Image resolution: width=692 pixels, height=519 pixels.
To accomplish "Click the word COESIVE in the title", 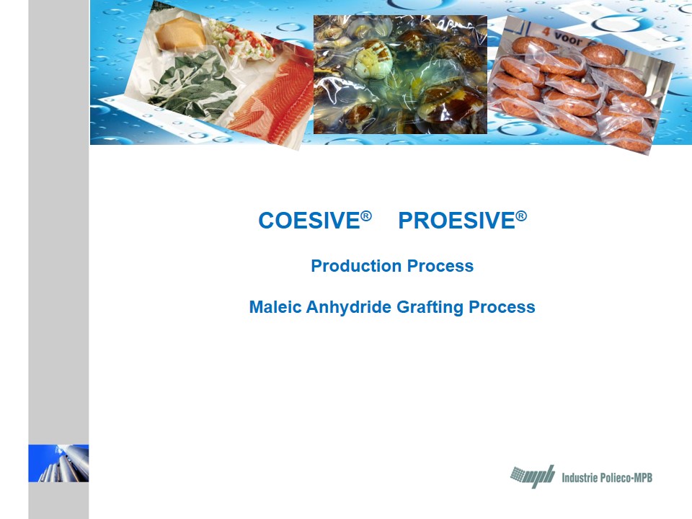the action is coord(309,221).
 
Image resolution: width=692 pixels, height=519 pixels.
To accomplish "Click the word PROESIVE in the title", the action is coord(457,221).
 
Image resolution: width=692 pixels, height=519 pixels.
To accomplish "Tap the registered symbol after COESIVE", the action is coord(366,216).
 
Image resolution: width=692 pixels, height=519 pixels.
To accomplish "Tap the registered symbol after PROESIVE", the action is coord(521,216).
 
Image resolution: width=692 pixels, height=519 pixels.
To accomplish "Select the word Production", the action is coord(356,266).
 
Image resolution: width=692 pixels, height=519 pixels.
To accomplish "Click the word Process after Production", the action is coord(440,266).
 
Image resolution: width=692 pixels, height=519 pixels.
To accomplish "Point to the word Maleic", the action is coord(275,307).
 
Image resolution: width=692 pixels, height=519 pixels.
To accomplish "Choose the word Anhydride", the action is coord(349,308).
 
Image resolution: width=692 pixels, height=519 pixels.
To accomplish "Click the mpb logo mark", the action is coord(533,476).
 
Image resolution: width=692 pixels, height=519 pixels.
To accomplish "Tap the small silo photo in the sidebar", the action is coord(58,463).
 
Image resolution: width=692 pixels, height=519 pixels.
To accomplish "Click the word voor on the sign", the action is coord(568,39).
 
